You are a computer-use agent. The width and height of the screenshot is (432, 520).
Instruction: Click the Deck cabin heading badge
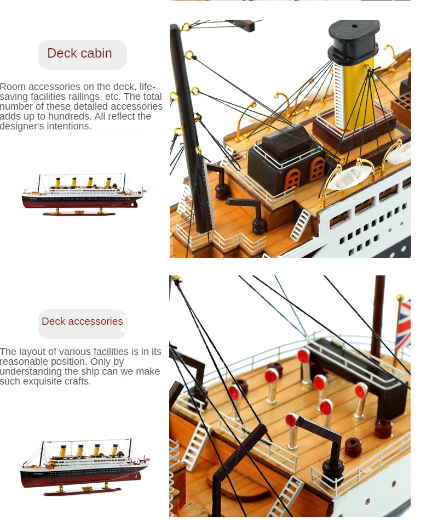(x=82, y=55)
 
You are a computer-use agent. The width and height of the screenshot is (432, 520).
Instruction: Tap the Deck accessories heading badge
(x=82, y=324)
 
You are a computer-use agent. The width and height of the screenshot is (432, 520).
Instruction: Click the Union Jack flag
(x=403, y=325)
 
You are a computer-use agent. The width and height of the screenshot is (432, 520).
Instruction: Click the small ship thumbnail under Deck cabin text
(x=83, y=194)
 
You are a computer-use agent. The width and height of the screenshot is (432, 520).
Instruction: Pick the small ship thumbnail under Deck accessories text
(x=84, y=467)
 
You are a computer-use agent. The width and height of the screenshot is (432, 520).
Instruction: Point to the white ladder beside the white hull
(x=301, y=225)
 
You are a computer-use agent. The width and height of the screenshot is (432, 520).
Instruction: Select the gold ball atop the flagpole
(x=401, y=297)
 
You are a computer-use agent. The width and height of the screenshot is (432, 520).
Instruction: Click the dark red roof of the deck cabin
(x=286, y=139)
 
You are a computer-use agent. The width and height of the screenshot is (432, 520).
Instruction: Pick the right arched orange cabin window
(x=317, y=168)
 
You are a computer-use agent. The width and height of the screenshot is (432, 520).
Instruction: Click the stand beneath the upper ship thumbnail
(x=79, y=212)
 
